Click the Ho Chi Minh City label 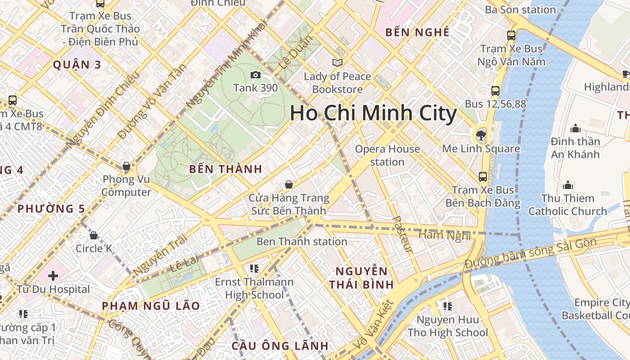pos(373,113)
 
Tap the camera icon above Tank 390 pos(256,75)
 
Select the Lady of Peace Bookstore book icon pos(337,63)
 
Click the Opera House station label pos(387,155)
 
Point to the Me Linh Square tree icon pos(481,135)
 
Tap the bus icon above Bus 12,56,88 pos(495,90)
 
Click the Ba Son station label pos(521,9)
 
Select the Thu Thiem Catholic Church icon pos(567,185)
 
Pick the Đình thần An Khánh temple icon pos(575,129)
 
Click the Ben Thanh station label pos(301,242)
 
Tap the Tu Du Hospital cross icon pos(53,275)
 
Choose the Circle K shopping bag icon pos(94,235)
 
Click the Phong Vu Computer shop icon pos(126,166)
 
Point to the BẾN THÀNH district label pos(225,169)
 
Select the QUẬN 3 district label pos(77,64)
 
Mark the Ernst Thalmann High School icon pos(254,269)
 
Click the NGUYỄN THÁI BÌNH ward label pos(361,278)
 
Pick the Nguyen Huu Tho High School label pos(447,326)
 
